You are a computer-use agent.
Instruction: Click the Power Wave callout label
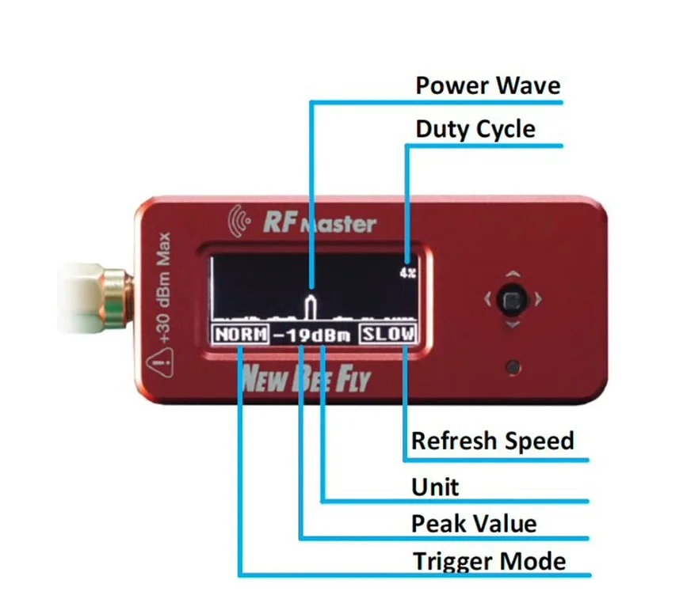(x=487, y=85)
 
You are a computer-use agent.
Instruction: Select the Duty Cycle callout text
(x=475, y=130)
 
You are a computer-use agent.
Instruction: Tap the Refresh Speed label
(x=492, y=441)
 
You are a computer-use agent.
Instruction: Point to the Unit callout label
(x=435, y=487)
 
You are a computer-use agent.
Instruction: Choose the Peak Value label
(x=474, y=524)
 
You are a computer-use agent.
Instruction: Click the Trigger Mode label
(x=490, y=561)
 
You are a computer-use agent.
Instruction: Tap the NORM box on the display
(x=241, y=335)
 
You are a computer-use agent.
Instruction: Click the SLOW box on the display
(x=388, y=335)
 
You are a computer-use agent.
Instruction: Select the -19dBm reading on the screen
(x=312, y=336)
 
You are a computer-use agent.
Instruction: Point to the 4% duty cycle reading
(x=407, y=273)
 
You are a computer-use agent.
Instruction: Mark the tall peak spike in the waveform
(x=311, y=307)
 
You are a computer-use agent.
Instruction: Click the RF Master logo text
(x=319, y=222)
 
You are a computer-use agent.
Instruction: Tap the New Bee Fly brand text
(x=305, y=379)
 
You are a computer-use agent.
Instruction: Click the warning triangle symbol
(x=160, y=362)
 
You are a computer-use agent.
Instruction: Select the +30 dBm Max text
(x=163, y=287)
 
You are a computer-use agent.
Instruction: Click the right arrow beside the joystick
(x=539, y=299)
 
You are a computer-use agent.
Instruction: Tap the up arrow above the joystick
(x=513, y=275)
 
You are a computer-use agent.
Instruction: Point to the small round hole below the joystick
(x=513, y=367)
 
